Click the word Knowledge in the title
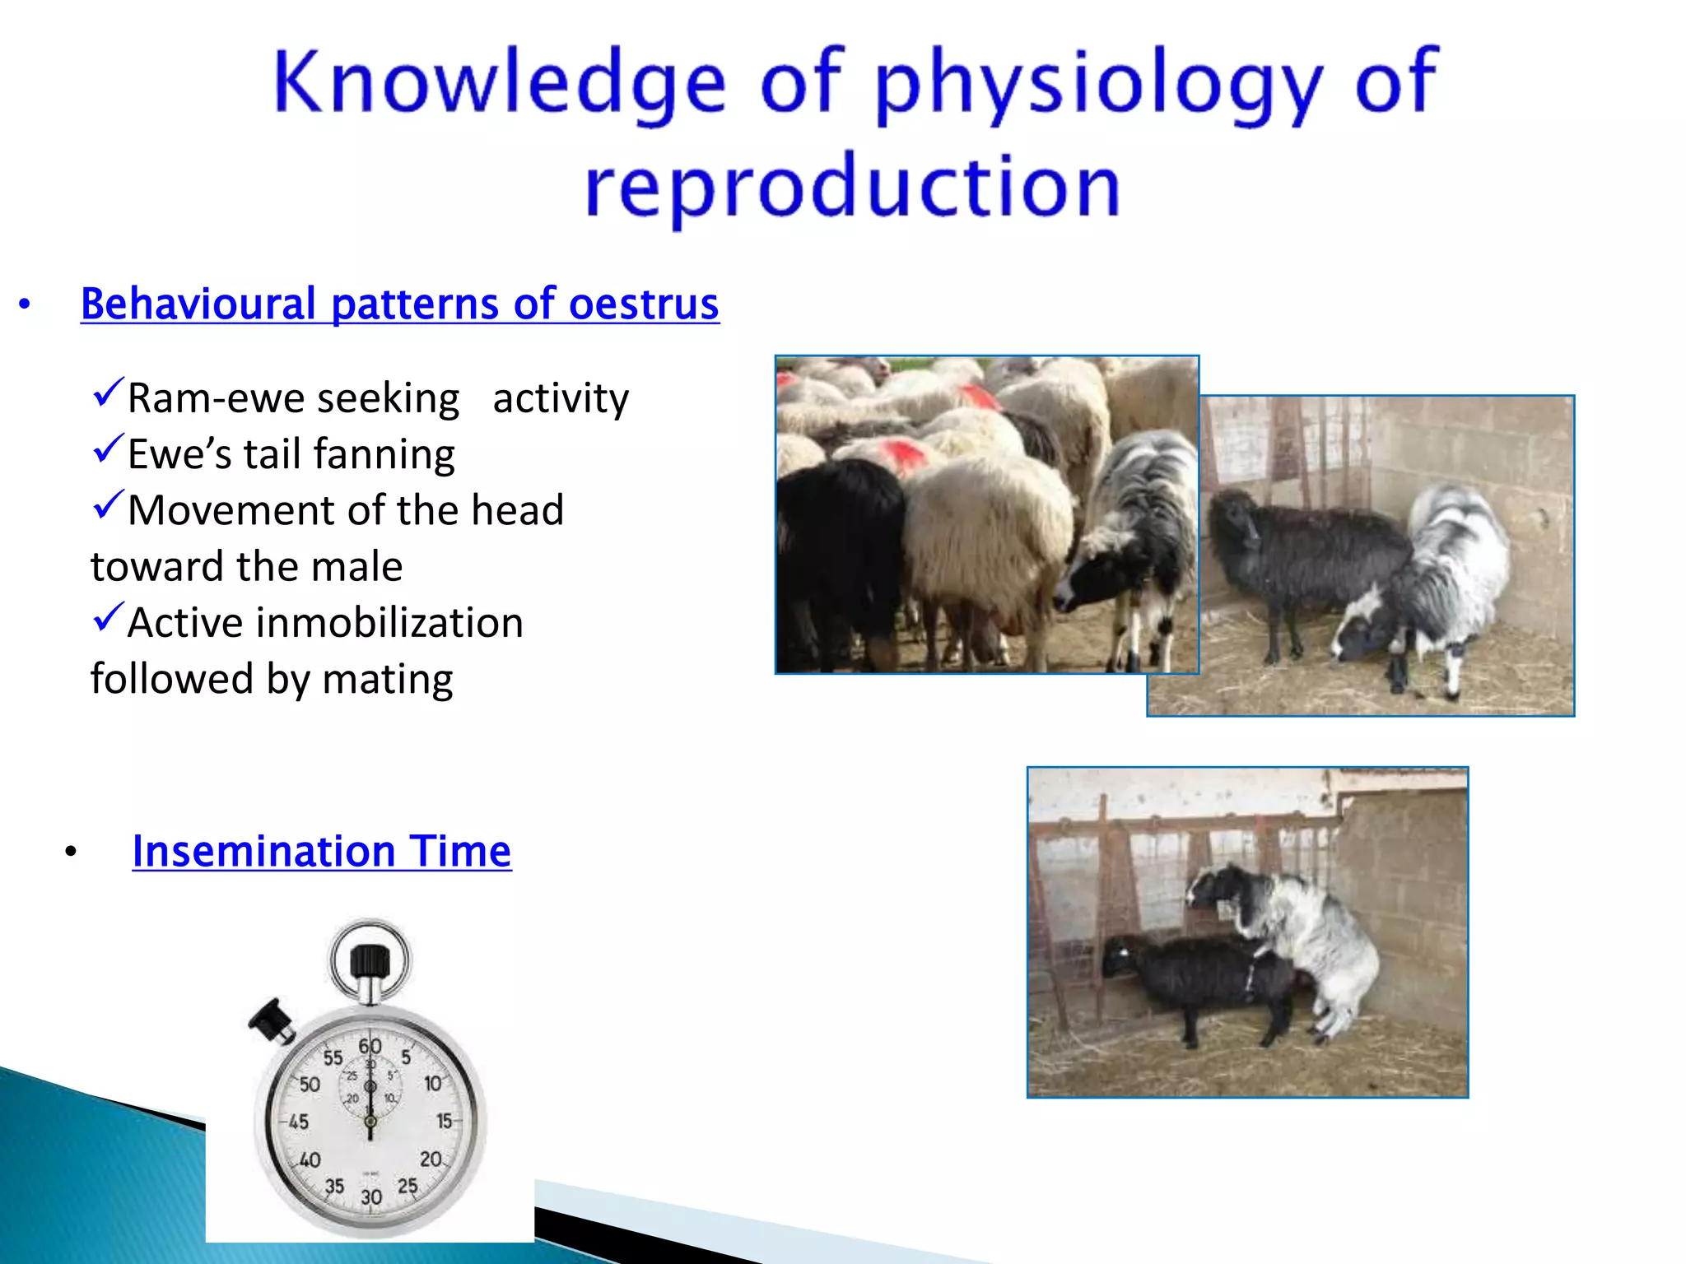pyautogui.click(x=499, y=82)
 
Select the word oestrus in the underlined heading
pyautogui.click(x=644, y=304)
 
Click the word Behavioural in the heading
pyautogui.click(x=198, y=304)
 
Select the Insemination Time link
pyautogui.click(x=321, y=851)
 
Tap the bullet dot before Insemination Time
pyautogui.click(x=71, y=853)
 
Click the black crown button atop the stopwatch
pyautogui.click(x=370, y=961)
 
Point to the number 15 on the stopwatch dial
pyautogui.click(x=445, y=1121)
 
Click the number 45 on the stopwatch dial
pyautogui.click(x=298, y=1122)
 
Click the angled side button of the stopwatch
pyautogui.click(x=272, y=1020)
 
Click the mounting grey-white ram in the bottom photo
pyautogui.click(x=1301, y=930)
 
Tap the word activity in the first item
pyautogui.click(x=561, y=399)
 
